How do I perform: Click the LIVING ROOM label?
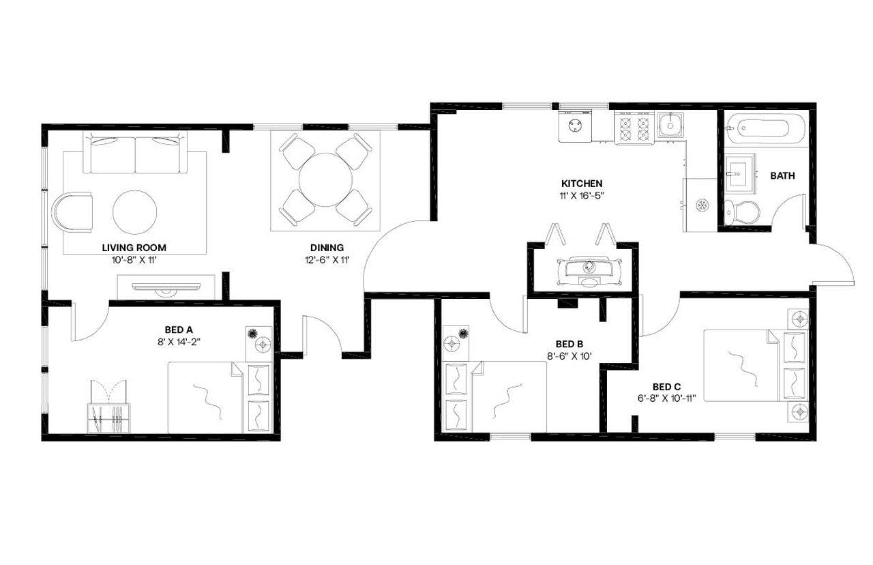[134, 247]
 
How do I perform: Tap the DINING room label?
[327, 247]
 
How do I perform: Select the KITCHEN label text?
[581, 184]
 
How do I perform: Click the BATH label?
[782, 175]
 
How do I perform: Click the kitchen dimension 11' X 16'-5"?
[581, 195]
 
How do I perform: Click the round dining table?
[325, 179]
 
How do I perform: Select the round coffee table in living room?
[134, 212]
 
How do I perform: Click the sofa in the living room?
[135, 154]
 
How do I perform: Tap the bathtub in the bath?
[766, 129]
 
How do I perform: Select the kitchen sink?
[670, 125]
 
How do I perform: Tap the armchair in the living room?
[72, 212]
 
